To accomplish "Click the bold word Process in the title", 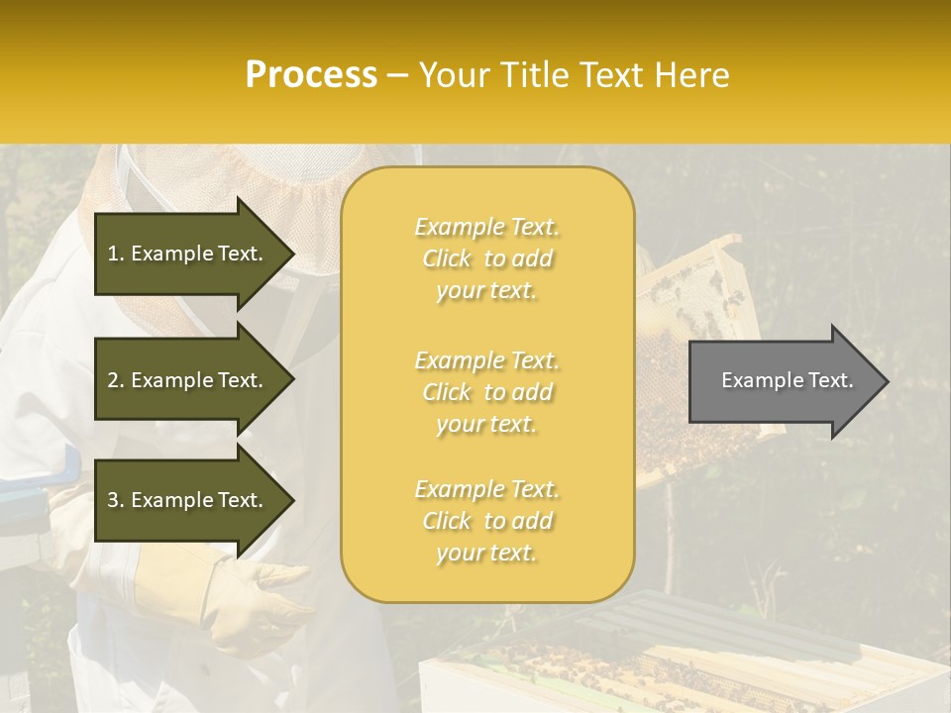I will (x=311, y=75).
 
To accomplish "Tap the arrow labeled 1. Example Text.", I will (x=188, y=254).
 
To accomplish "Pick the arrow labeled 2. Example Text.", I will (x=188, y=380).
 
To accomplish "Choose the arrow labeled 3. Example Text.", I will (x=188, y=500).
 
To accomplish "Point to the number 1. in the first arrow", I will (x=116, y=254).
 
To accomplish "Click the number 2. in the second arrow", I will (x=116, y=380).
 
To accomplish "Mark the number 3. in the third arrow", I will (x=116, y=500).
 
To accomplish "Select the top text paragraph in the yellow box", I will (x=486, y=258).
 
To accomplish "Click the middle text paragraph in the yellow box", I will (x=486, y=392).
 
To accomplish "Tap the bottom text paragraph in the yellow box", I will (x=486, y=521).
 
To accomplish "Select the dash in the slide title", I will (x=398, y=75).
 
